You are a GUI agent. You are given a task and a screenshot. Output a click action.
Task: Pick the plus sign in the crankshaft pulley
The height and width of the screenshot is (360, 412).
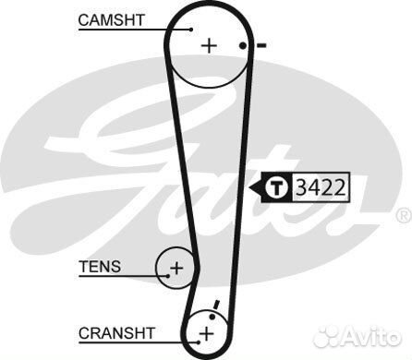point(207,331)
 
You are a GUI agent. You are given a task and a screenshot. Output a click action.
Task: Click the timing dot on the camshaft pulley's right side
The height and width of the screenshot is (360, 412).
point(242,45)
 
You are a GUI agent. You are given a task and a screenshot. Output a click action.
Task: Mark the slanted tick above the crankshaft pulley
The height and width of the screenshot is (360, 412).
point(215,305)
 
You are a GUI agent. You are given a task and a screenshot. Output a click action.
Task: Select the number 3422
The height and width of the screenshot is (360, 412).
point(320,188)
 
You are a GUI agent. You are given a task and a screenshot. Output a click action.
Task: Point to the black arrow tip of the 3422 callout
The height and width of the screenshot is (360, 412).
point(249,188)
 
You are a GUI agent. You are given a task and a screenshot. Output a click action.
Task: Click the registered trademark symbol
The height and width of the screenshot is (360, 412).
point(403,215)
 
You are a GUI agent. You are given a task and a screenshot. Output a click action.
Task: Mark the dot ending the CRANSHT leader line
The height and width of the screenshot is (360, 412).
point(195,338)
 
